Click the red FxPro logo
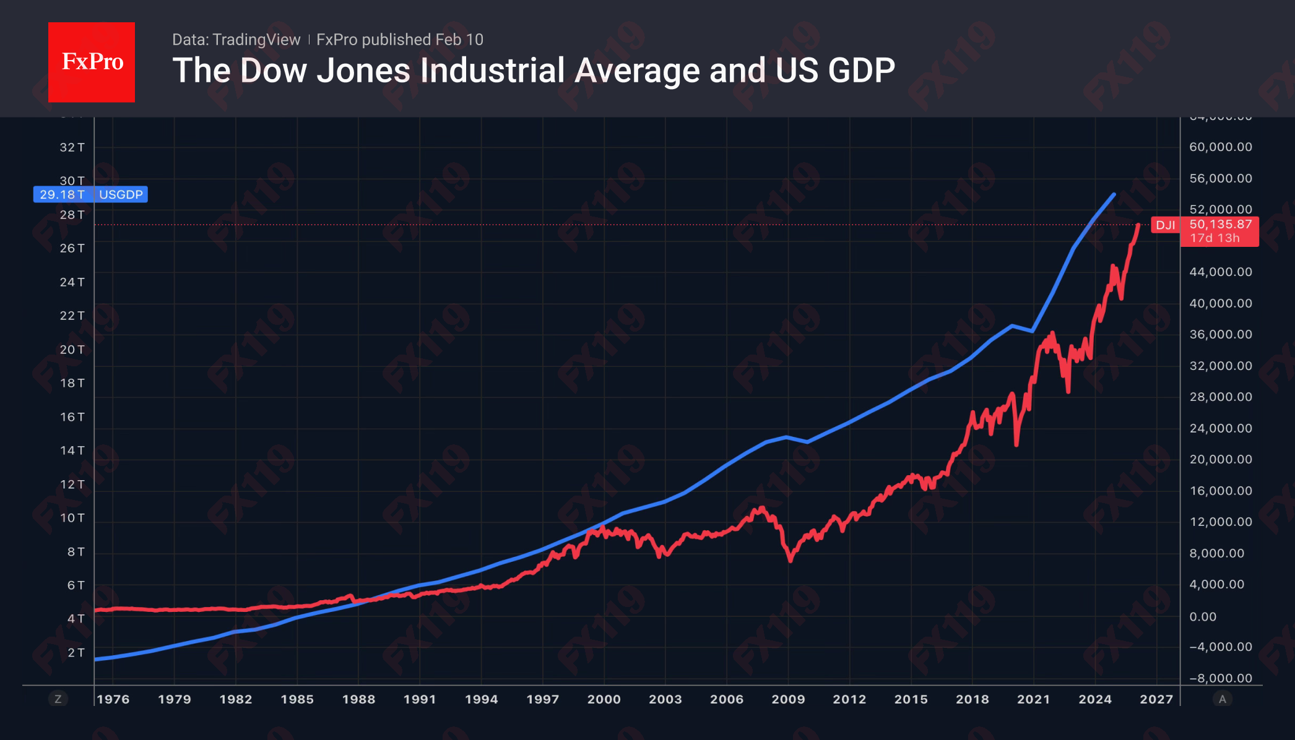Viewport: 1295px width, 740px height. click(x=92, y=62)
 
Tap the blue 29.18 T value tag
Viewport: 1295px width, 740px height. click(x=63, y=194)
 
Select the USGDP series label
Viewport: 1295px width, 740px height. click(x=121, y=194)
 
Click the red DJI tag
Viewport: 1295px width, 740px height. click(x=1165, y=225)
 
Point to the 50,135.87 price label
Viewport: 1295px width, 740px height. click(x=1220, y=224)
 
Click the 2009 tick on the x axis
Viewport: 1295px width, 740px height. click(x=788, y=699)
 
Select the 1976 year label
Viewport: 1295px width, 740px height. click(x=113, y=699)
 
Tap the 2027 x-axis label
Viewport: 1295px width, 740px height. click(x=1156, y=699)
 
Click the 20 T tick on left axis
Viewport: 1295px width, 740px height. click(x=72, y=350)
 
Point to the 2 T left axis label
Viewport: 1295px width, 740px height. click(x=76, y=652)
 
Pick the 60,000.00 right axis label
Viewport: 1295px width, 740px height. click(x=1220, y=147)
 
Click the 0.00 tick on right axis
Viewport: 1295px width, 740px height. click(x=1203, y=616)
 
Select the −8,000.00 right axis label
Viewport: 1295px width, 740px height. click(x=1220, y=678)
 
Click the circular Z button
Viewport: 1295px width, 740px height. click(x=58, y=699)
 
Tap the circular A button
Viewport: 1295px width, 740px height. click(x=1222, y=699)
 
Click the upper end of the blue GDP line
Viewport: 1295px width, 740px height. click(x=1114, y=195)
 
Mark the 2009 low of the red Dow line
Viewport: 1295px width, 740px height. click(x=790, y=560)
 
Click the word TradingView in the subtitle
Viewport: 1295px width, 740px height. click(x=256, y=40)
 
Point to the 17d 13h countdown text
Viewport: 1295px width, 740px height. click(x=1214, y=238)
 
